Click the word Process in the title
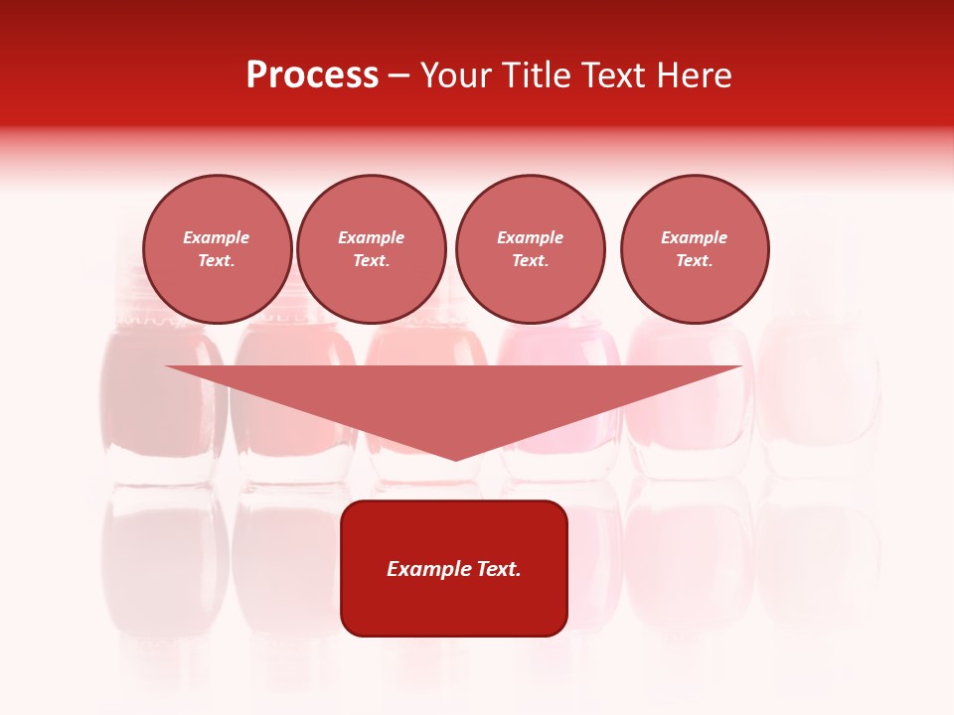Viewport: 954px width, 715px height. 312,75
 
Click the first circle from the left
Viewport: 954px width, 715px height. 218,249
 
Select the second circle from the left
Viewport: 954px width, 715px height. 372,249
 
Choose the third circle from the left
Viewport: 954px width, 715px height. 530,249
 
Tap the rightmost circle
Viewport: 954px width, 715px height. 695,249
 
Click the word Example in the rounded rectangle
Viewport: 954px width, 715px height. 425,569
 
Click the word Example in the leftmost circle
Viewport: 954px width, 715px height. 217,237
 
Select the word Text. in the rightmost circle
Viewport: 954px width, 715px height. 695,261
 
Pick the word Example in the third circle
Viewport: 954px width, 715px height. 530,237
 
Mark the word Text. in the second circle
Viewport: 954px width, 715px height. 372,261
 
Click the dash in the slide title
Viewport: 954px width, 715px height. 399,76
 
